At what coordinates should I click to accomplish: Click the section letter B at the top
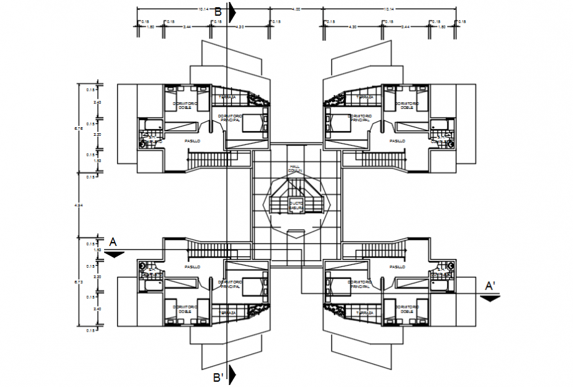(218, 11)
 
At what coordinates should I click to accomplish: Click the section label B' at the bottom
(219, 377)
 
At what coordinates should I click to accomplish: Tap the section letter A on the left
(113, 242)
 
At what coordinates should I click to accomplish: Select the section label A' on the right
(491, 285)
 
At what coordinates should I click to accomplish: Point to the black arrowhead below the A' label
(490, 297)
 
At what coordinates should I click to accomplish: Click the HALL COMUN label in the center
(294, 168)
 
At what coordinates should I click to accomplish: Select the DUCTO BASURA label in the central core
(295, 206)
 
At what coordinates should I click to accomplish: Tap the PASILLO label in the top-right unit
(396, 140)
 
